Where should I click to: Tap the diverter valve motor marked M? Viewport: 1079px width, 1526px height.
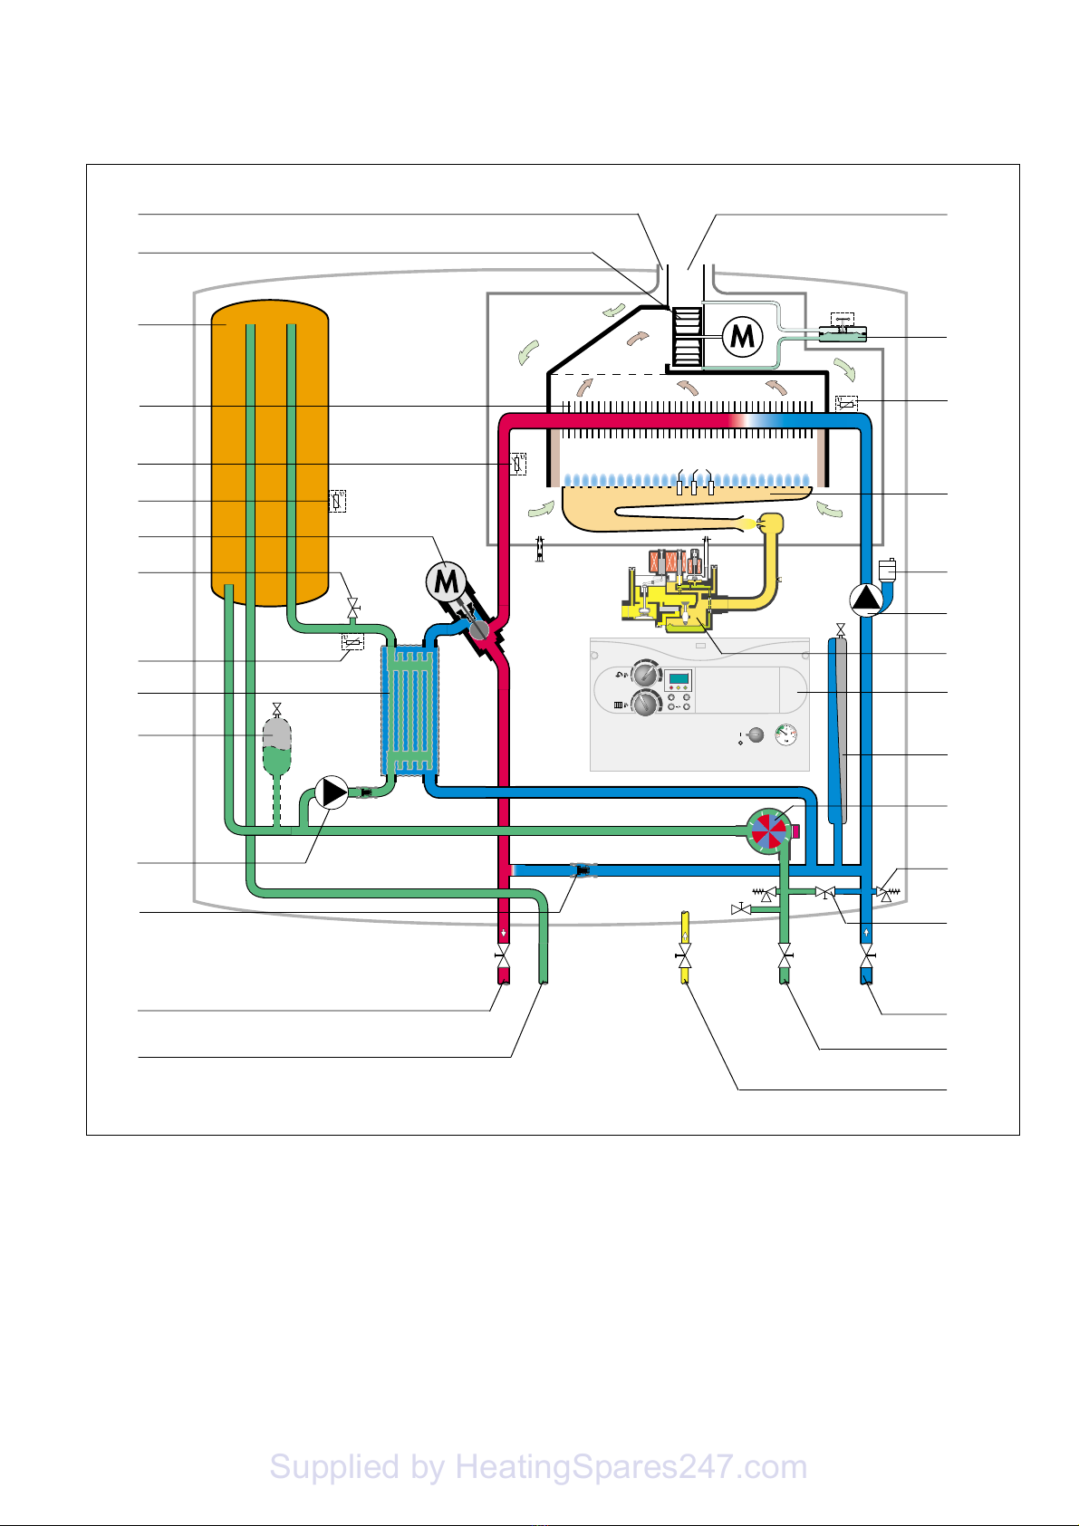click(x=447, y=582)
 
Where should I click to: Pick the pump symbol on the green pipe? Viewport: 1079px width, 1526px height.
click(x=332, y=792)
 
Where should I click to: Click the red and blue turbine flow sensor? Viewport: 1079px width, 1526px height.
click(x=767, y=830)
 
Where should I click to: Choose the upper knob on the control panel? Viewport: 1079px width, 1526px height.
click(x=644, y=675)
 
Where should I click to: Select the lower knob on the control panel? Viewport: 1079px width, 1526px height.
click(x=644, y=704)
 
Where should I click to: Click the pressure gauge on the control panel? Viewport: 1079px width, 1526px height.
click(x=785, y=735)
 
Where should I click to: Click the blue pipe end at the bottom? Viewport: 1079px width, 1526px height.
click(x=867, y=976)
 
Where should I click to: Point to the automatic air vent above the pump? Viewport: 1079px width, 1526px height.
click(x=887, y=570)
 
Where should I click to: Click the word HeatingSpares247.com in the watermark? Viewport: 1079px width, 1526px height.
click(x=631, y=1467)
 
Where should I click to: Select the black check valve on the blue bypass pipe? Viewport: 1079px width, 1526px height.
click(x=582, y=871)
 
